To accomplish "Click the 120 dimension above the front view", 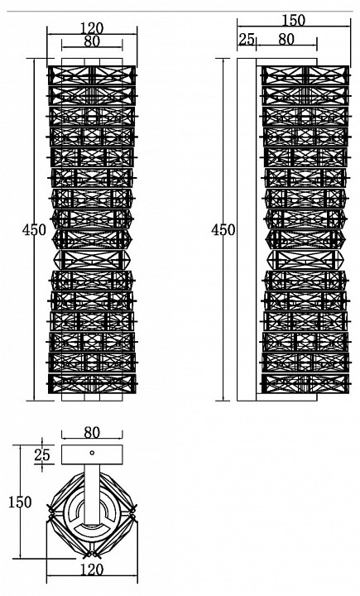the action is tap(92, 28).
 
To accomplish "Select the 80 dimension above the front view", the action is tap(92, 41).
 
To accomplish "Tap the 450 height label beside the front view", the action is tap(34, 230).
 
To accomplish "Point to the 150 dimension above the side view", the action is tap(294, 20).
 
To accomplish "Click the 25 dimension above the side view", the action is tap(247, 39).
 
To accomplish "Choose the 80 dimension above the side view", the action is tap(286, 39).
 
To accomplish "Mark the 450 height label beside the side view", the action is tap(223, 230).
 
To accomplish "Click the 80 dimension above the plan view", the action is tap(92, 433).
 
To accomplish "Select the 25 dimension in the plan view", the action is tap(42, 455).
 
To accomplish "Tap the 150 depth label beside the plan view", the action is tap(20, 502).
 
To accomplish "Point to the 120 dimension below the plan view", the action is tap(92, 570).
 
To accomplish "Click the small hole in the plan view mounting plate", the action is tap(92, 453).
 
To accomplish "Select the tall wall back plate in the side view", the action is tap(247, 229).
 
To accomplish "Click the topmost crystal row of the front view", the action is tap(92, 75).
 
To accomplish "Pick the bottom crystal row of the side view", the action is tap(305, 384).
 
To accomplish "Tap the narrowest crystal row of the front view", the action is tap(93, 260).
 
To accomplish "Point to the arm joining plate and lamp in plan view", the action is tap(92, 494).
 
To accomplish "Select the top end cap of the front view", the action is tap(92, 62).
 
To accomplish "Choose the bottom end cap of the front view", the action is tap(92, 397).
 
